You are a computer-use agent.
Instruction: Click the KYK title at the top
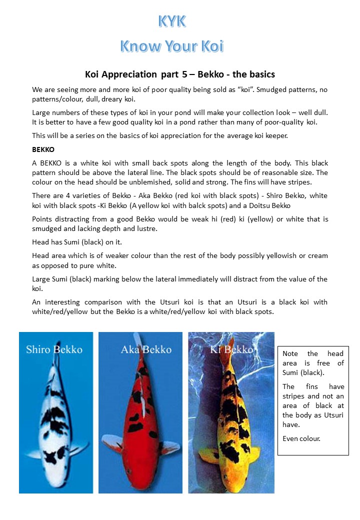[x=172, y=21]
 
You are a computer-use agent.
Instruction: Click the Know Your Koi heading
[x=171, y=46]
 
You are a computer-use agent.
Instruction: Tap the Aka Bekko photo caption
[x=146, y=349]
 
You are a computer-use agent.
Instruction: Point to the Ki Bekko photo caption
[x=231, y=349]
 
